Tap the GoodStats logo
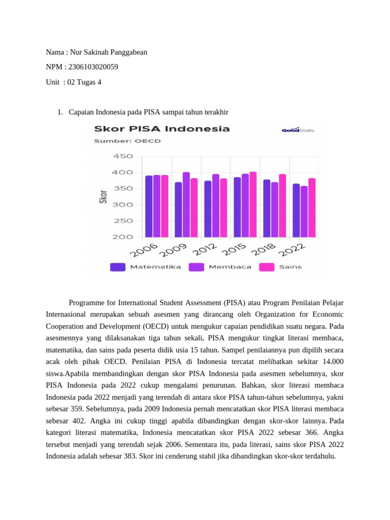(298, 130)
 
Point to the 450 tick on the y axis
(123, 156)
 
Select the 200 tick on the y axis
(123, 237)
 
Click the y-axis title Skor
(104, 197)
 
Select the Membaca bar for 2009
(186, 205)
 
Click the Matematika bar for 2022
(296, 210)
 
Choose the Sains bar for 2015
(253, 204)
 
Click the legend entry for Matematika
(145, 267)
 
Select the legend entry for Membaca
(220, 267)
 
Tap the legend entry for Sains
(280, 267)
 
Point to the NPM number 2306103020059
(95, 67)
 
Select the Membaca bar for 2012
(215, 206)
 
